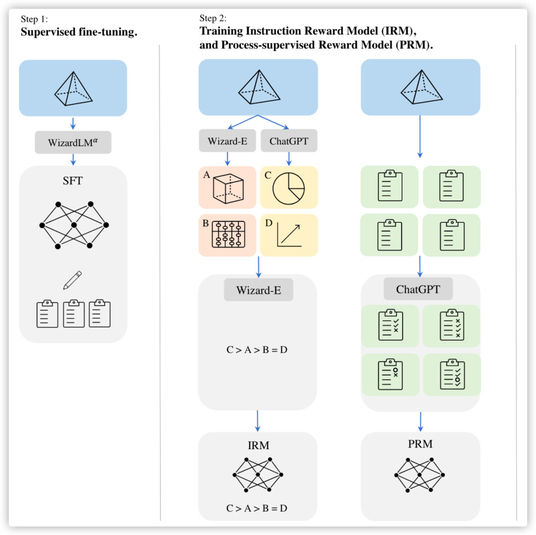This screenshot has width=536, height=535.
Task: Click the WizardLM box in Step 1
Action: pos(73,142)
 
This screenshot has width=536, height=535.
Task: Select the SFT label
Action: pos(73,181)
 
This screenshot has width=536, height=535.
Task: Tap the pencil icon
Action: pos(72,280)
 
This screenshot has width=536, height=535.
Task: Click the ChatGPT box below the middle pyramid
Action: pos(289,141)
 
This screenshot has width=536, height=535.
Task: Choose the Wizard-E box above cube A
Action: pos(227,141)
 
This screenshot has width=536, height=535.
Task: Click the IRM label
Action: pos(258,446)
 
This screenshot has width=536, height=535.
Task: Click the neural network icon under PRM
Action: pos(420,475)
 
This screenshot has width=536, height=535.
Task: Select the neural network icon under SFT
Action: pos(73,225)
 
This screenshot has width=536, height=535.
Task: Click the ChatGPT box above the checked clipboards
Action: pos(418,289)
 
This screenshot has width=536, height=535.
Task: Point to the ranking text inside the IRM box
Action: pos(257,508)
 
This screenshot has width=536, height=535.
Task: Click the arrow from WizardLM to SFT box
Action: pos(73,159)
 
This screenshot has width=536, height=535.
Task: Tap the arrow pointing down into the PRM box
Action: pos(420,421)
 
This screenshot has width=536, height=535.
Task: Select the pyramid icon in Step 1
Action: pos(73,88)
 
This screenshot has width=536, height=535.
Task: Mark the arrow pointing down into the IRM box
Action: pos(258,421)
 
